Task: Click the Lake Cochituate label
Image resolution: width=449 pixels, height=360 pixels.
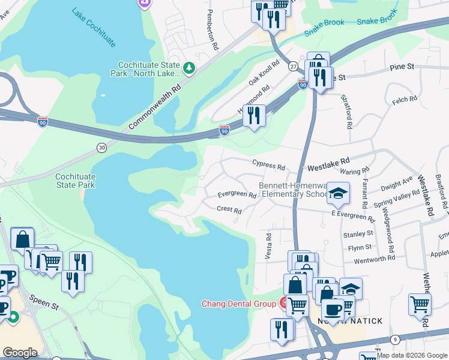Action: [93, 28]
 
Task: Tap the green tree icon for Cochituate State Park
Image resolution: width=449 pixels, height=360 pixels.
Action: [189, 67]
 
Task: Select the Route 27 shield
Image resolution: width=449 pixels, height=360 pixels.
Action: [293, 65]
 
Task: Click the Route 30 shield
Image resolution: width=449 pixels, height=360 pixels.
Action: [102, 147]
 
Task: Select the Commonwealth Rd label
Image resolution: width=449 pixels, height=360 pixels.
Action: [155, 107]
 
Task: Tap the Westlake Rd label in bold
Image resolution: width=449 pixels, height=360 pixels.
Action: [328, 162]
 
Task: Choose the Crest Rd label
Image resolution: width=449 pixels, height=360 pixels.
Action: [229, 210]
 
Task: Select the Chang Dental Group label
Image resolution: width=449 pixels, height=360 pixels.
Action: [238, 304]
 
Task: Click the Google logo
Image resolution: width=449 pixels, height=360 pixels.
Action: [20, 353]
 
